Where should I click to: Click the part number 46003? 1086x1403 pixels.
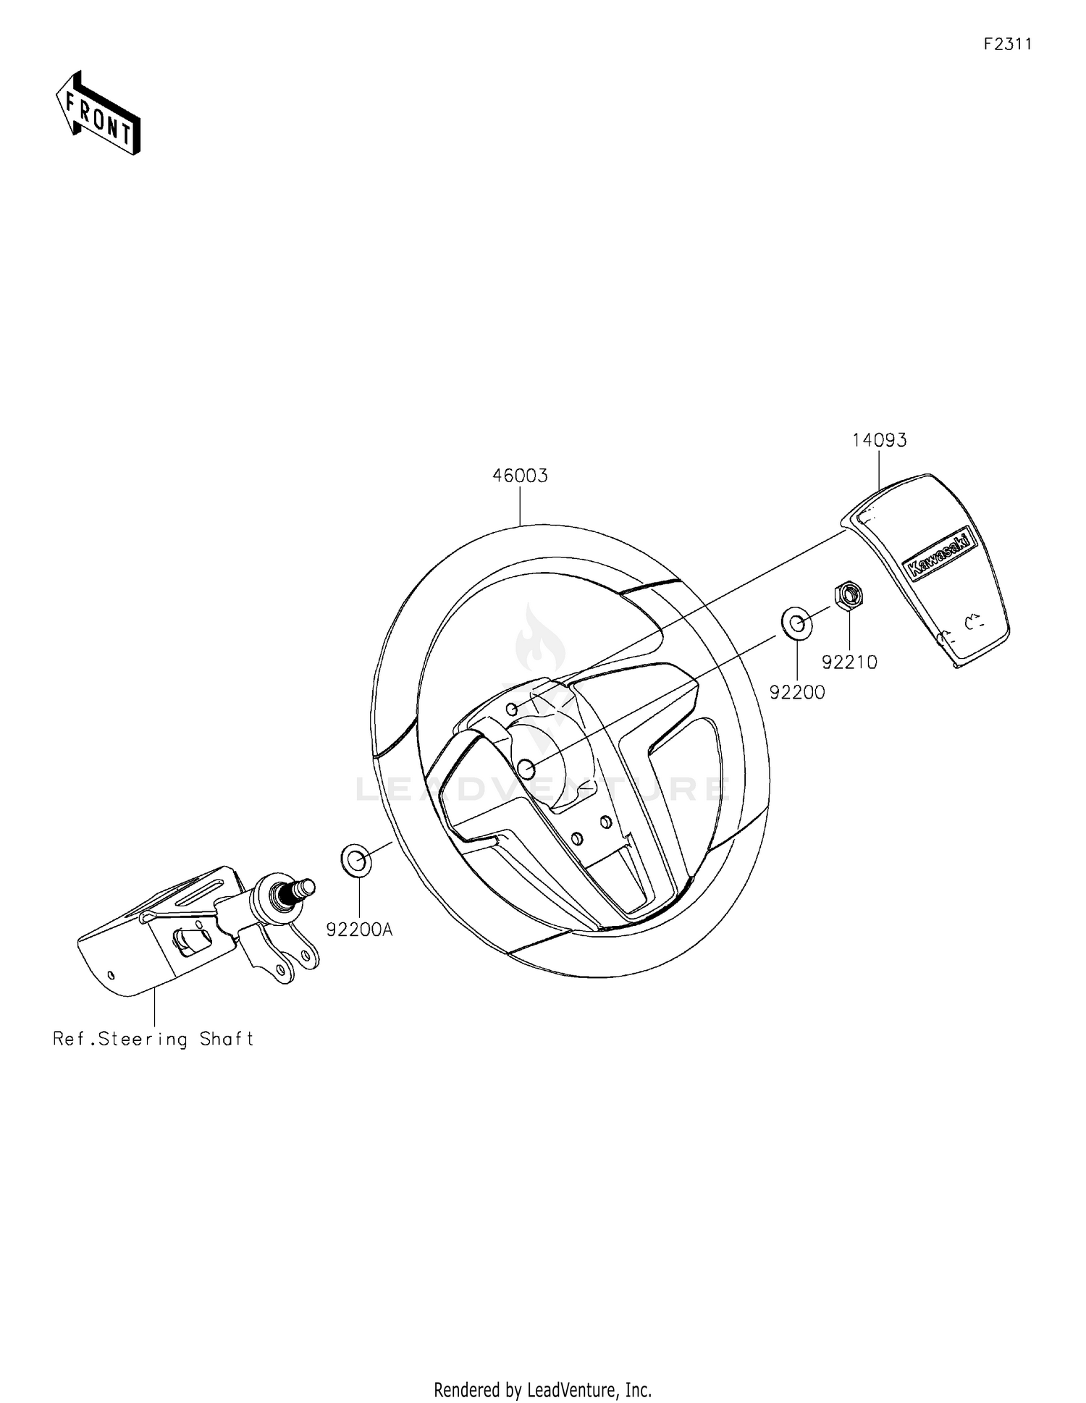[x=520, y=476]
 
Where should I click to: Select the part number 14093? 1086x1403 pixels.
[x=879, y=440]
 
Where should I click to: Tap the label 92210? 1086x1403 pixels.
[x=849, y=662]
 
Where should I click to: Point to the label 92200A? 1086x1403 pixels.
[x=359, y=930]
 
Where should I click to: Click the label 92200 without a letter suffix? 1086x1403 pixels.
[x=797, y=692]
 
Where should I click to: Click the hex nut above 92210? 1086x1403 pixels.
[x=849, y=596]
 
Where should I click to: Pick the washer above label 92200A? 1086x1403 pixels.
[x=356, y=860]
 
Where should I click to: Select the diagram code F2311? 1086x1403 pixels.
[x=1007, y=44]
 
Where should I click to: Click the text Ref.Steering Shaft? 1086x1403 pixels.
[x=153, y=1040]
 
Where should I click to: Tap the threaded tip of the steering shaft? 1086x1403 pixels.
[x=307, y=885]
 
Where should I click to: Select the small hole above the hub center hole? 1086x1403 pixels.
[x=511, y=708]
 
